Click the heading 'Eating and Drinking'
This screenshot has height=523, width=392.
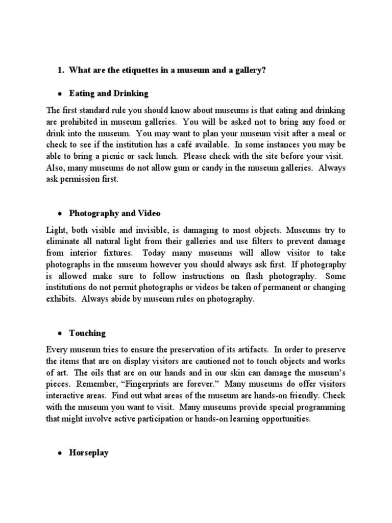pos(109,93)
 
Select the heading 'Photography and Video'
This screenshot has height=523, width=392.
pos(115,212)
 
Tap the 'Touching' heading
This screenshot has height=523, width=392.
pos(87,333)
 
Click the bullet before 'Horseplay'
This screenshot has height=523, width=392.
pos(60,454)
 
